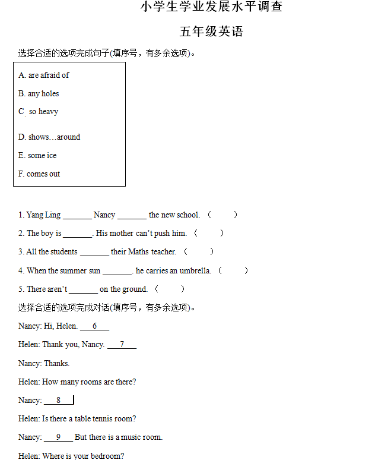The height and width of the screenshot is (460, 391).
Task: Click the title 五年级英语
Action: (212, 31)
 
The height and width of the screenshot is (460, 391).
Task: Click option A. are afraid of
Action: (44, 75)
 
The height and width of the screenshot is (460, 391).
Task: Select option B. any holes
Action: (39, 93)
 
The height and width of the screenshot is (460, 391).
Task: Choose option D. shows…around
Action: (49, 137)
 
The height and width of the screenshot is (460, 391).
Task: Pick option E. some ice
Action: (37, 155)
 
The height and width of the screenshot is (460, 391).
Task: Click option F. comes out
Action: (39, 174)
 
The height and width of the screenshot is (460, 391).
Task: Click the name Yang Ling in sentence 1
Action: (43, 215)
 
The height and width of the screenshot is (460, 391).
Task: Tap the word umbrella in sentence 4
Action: (195, 270)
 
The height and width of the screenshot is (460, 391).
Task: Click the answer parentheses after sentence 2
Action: (209, 233)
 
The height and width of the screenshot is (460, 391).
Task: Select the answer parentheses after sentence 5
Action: (170, 289)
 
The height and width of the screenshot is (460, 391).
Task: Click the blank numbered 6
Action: (95, 326)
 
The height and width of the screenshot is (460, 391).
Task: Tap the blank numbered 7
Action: (122, 345)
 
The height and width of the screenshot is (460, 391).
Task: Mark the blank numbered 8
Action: (59, 401)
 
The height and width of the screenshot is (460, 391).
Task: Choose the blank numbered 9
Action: (59, 437)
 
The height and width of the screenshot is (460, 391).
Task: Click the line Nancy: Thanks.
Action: (44, 363)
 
